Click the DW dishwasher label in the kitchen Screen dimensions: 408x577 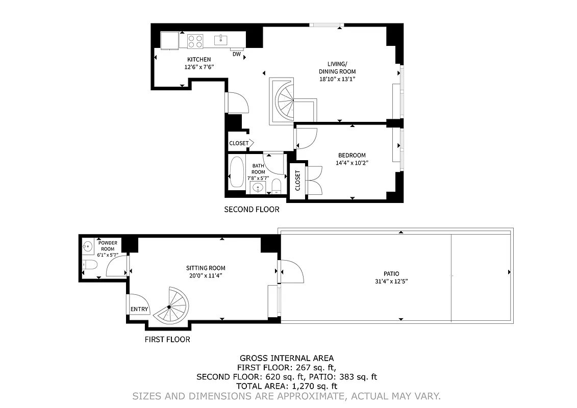(236, 54)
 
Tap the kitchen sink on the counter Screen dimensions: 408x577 (221, 39)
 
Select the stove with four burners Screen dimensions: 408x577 (195, 41)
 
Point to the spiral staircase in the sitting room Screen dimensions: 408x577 (171, 306)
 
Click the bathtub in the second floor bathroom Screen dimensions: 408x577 (236, 172)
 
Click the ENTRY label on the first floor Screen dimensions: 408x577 (139, 309)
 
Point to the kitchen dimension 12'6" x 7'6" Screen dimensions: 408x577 (198, 67)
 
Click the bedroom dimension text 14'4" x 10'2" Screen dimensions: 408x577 (352, 163)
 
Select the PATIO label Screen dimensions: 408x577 (391, 274)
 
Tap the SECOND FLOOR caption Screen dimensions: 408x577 (252, 210)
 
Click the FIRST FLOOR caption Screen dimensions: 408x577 (167, 340)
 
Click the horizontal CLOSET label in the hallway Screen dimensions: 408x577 (239, 143)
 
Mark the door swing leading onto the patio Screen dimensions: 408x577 (291, 271)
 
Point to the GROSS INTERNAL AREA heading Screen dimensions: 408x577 (287, 359)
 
